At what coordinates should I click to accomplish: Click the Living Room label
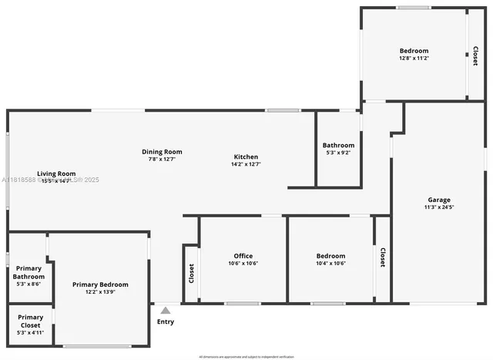(x=57, y=173)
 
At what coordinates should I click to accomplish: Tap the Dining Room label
(x=162, y=152)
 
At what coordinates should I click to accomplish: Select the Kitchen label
(x=246, y=156)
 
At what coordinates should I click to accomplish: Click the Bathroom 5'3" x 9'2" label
(x=338, y=145)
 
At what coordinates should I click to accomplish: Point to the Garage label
(x=438, y=199)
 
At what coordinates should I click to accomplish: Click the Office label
(x=243, y=256)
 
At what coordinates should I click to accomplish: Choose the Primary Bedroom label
(x=100, y=284)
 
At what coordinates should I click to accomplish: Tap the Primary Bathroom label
(x=30, y=272)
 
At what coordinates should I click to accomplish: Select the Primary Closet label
(x=30, y=321)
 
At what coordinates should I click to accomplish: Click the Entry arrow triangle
(x=165, y=310)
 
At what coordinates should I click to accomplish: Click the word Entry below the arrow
(x=165, y=321)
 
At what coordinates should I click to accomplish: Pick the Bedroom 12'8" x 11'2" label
(x=414, y=51)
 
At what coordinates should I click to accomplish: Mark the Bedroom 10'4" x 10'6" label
(x=330, y=256)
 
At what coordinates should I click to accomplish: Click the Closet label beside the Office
(x=191, y=274)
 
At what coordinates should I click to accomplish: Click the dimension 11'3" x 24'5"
(x=438, y=207)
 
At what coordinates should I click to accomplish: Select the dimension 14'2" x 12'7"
(x=246, y=164)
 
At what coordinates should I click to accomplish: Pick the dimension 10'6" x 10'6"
(x=243, y=264)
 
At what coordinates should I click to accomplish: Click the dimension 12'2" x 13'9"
(x=100, y=292)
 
